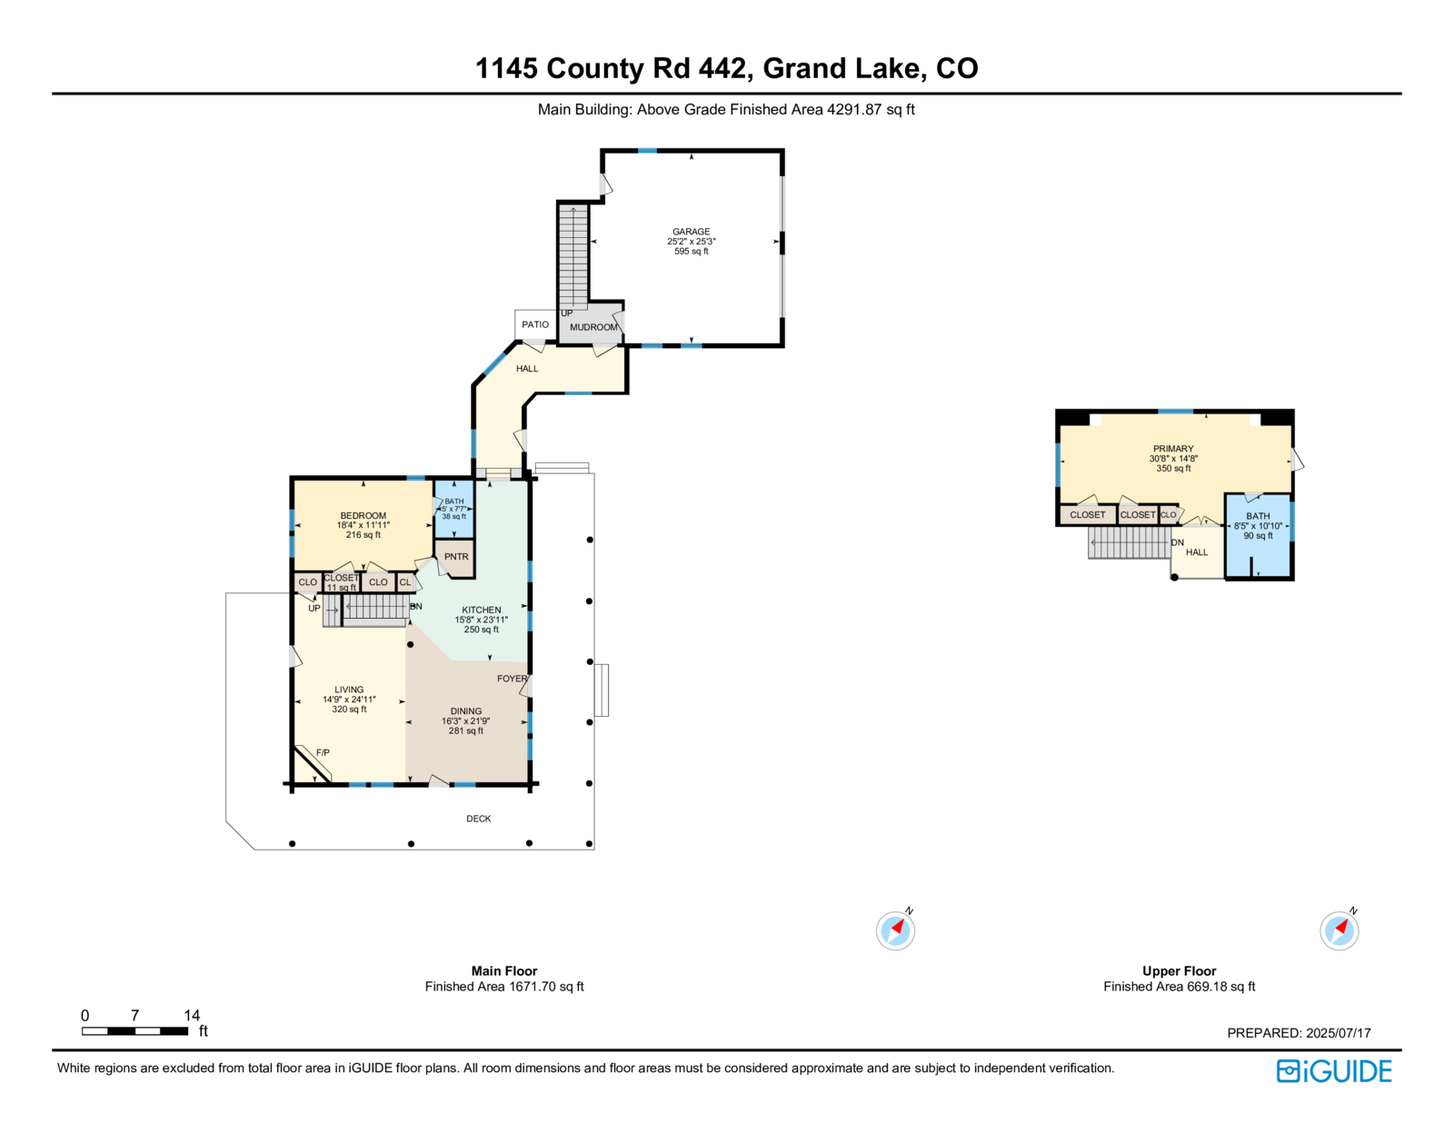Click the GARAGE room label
pos(691,232)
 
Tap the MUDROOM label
pos(593,327)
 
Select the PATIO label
pos(534,324)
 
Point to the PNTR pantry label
pos(456,556)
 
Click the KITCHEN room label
pos(481,610)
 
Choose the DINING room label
pos(465,711)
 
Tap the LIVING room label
pos(349,690)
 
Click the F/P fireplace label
pos(323,752)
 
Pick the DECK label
pos(478,819)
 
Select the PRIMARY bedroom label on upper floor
pos(1173,449)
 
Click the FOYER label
pos(512,678)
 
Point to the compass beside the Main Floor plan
pos(895,929)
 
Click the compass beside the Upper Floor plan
pos(1339,929)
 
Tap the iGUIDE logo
pos(1333,1071)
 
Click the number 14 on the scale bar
pos(192,1015)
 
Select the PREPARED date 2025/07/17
pos(1338,1033)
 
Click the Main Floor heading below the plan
pos(503,970)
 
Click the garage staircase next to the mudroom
pos(573,257)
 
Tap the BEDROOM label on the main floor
pos(363,516)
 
